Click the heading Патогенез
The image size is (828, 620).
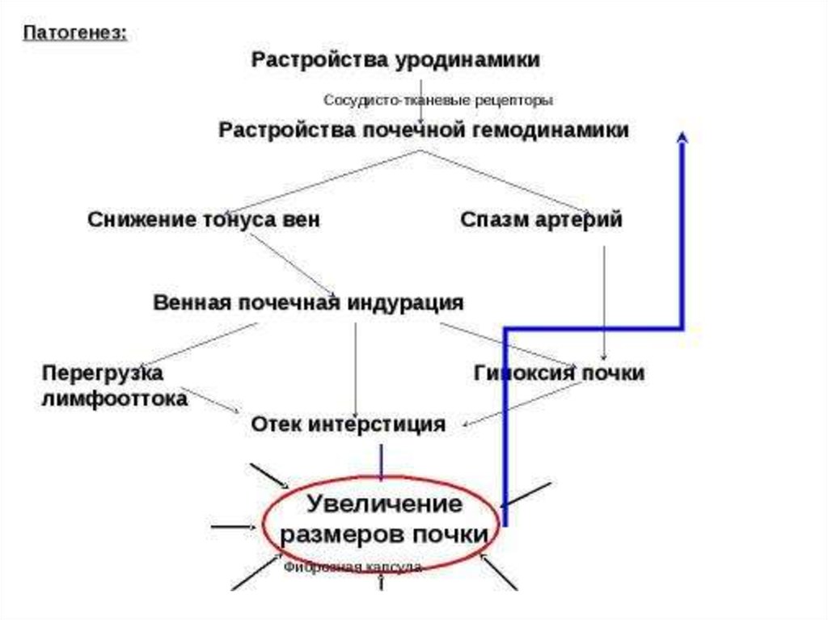tap(74, 33)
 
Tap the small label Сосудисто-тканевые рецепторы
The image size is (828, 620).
tap(438, 101)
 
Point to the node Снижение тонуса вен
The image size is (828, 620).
tap(204, 220)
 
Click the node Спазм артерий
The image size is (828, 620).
tap(541, 220)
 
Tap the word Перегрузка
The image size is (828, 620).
tap(103, 373)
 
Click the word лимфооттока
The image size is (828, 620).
tap(115, 399)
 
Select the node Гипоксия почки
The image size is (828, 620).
tap(559, 373)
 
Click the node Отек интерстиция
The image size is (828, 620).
tap(348, 424)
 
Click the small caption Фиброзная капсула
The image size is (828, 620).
tap(353, 567)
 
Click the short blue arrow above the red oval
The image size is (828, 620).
tap(381, 461)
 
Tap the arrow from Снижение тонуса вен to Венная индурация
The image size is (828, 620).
tap(291, 264)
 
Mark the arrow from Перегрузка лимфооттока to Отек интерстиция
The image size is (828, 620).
tap(214, 399)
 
